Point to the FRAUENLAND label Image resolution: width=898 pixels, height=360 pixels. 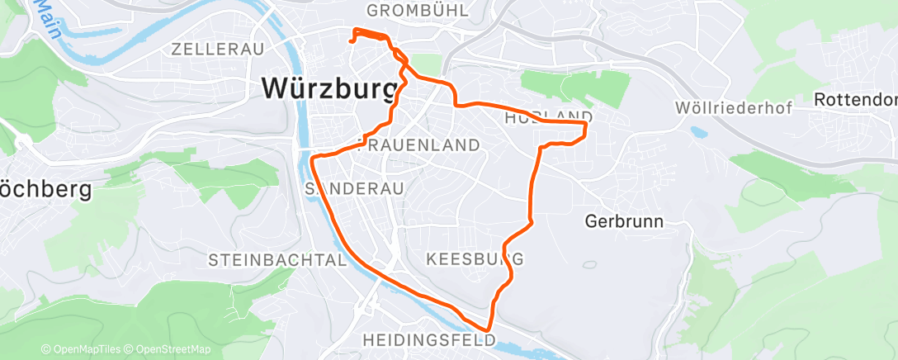[422, 145]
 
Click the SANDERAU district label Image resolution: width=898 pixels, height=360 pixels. [354, 189]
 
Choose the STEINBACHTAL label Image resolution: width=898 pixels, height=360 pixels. [276, 260]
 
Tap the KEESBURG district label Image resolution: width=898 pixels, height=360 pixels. [475, 259]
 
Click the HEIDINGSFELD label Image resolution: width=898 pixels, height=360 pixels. [428, 339]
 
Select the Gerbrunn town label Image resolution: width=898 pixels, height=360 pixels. [625, 221]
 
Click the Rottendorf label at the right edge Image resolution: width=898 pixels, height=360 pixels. [855, 99]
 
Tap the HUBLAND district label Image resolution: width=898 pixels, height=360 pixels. [548, 116]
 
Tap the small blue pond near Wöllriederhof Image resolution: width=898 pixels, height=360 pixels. [699, 131]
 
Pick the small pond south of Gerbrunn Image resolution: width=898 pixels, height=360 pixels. [589, 265]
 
